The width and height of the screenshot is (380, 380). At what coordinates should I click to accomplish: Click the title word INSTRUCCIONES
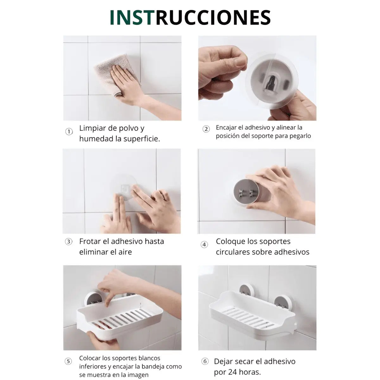click(x=190, y=17)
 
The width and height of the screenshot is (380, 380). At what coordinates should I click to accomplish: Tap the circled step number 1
click(x=69, y=131)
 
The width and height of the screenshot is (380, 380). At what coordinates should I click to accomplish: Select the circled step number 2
click(x=206, y=129)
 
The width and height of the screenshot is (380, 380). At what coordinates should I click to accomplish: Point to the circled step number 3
click(x=69, y=242)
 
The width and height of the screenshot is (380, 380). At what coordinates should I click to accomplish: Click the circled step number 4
click(x=204, y=244)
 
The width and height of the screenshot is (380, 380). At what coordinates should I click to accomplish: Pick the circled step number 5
click(x=68, y=361)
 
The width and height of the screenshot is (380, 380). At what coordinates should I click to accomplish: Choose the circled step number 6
click(x=205, y=361)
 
